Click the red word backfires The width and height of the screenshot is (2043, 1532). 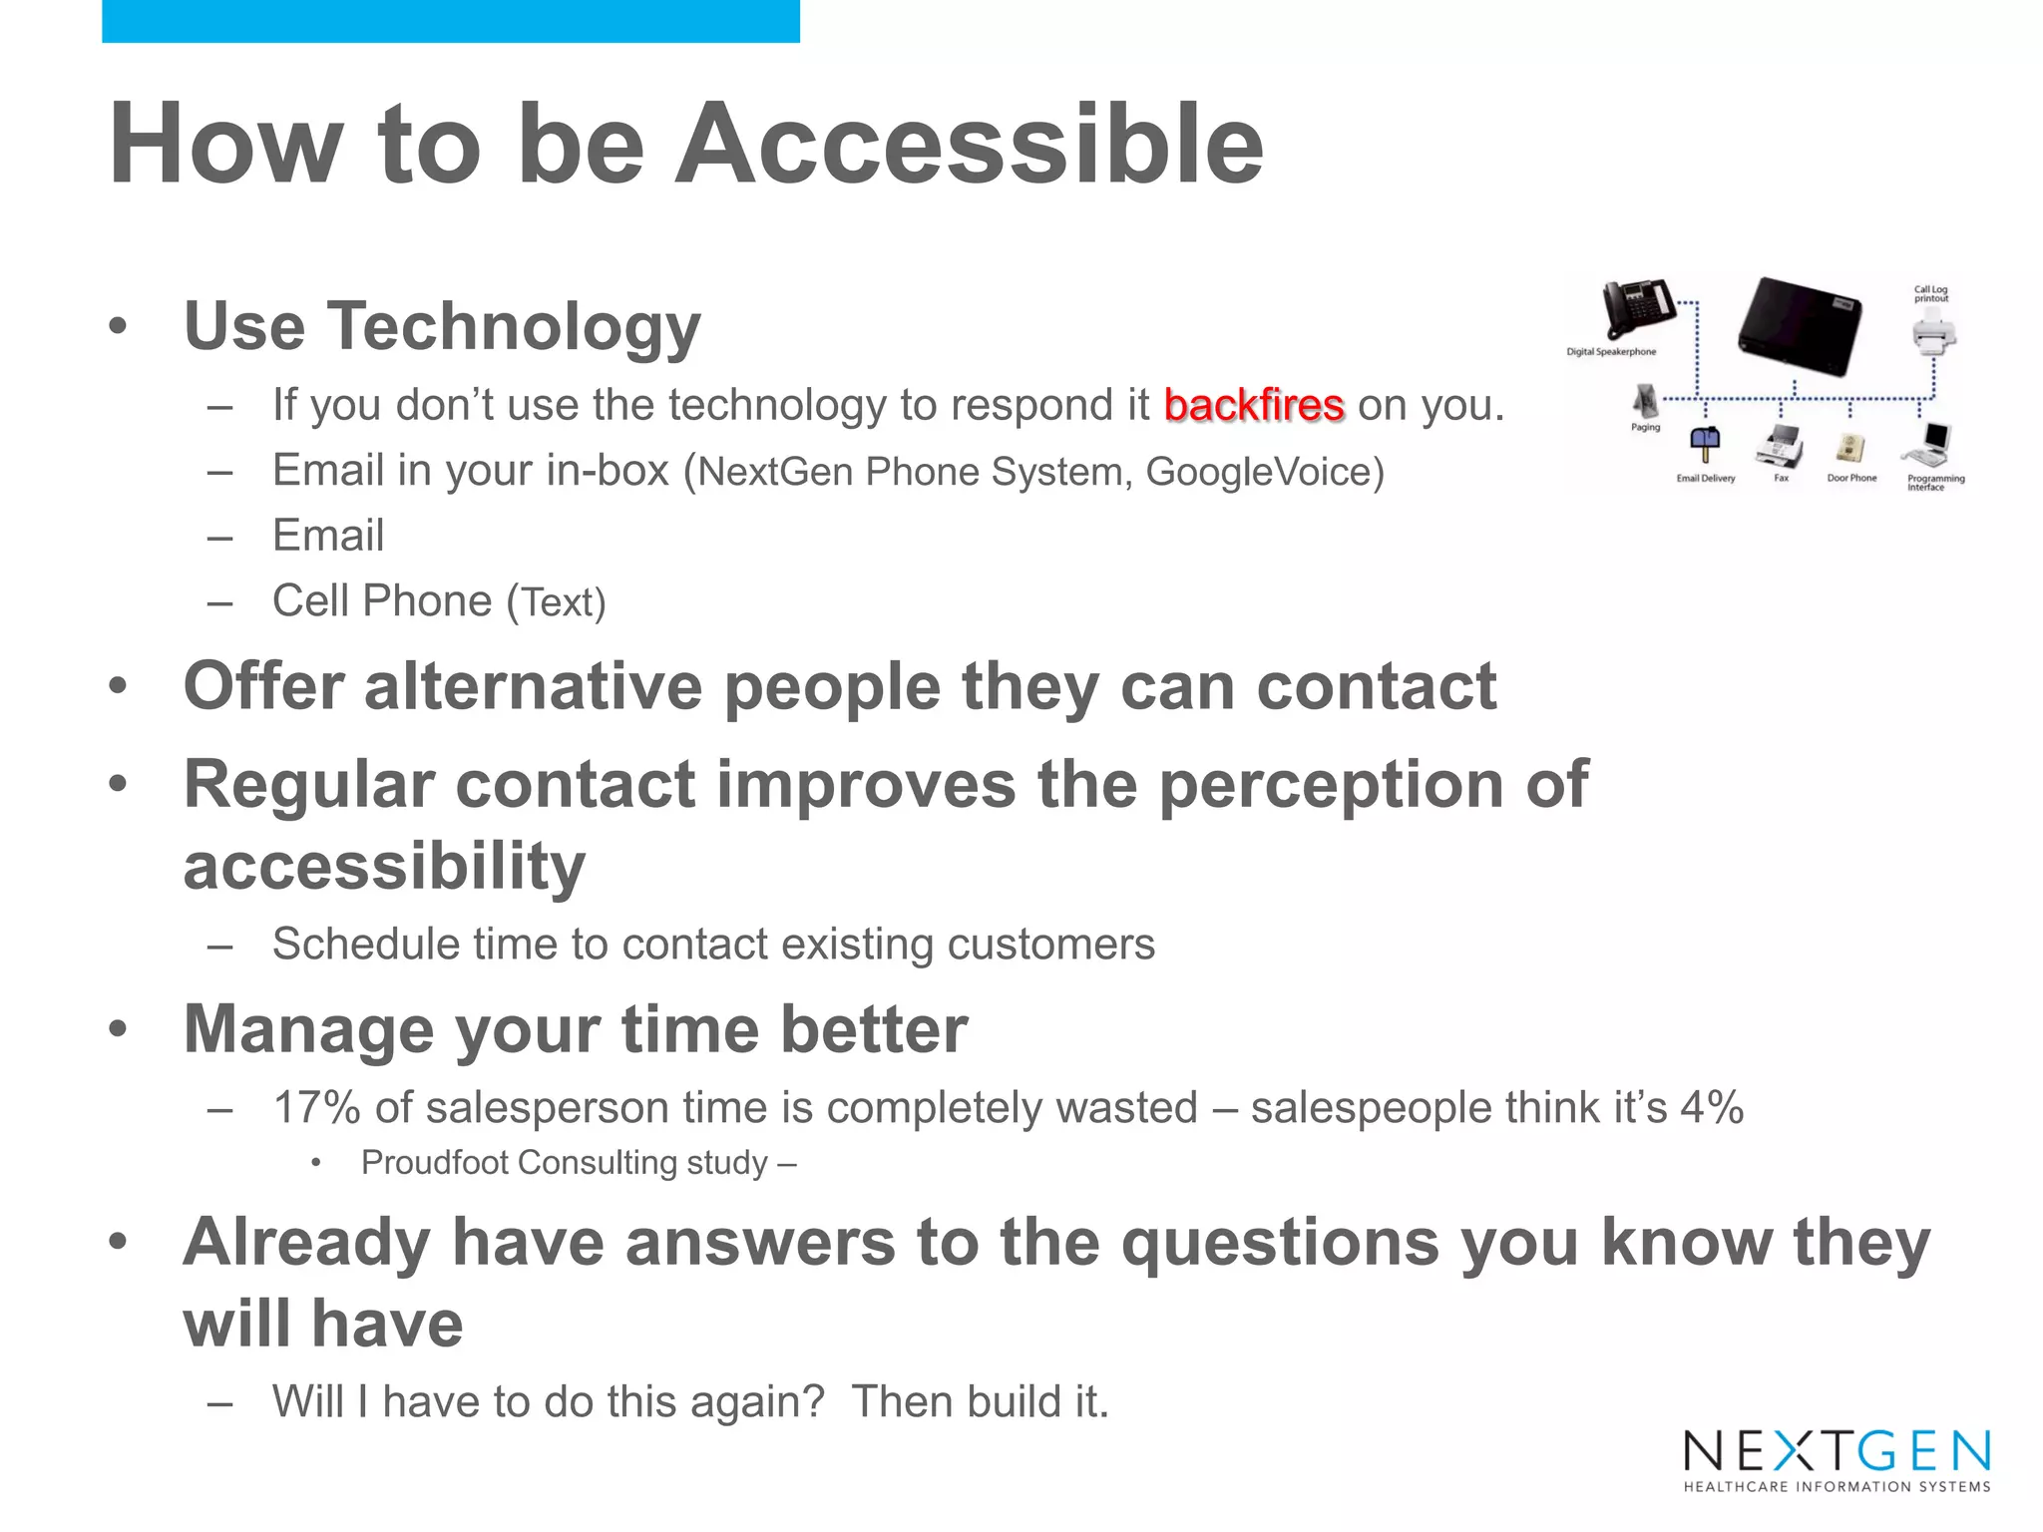tap(1253, 406)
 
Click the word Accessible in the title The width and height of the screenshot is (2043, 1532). tap(969, 146)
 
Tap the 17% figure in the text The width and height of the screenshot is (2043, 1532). tap(316, 1108)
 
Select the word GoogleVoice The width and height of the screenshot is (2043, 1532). tap(1265, 472)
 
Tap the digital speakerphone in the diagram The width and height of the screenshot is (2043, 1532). tap(1638, 311)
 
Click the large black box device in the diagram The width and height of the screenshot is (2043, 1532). tap(1801, 326)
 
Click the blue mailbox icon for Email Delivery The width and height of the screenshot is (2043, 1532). tap(1705, 443)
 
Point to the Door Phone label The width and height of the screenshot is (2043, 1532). tap(1851, 478)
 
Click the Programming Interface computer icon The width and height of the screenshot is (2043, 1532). tap(1931, 444)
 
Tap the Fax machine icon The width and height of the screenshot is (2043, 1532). tap(1782, 445)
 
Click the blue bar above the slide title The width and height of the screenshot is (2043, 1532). tap(450, 21)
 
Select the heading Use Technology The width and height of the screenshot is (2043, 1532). tap(442, 326)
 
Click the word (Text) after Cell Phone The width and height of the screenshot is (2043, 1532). tap(556, 602)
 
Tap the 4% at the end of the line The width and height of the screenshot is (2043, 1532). tap(1712, 1108)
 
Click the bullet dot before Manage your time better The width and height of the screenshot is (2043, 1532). tap(119, 1028)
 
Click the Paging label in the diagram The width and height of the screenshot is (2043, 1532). tap(1645, 427)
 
